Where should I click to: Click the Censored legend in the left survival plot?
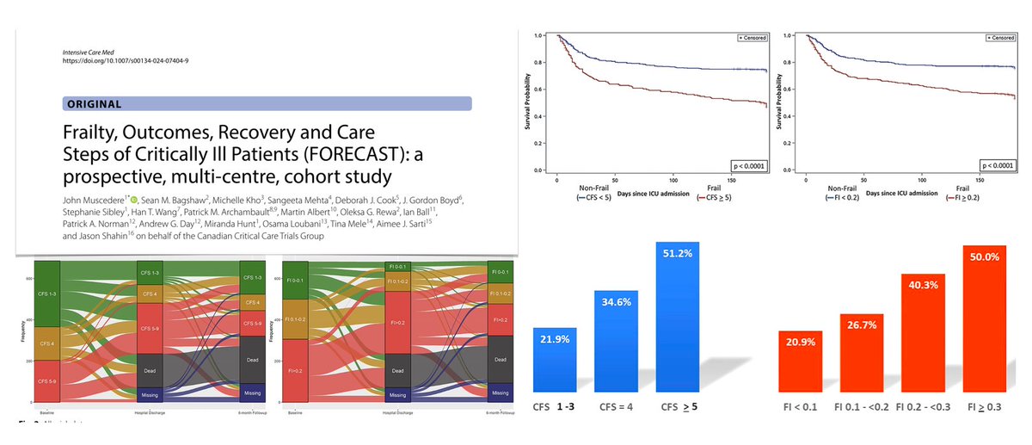tap(751, 38)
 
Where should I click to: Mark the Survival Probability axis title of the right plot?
tap(779, 101)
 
